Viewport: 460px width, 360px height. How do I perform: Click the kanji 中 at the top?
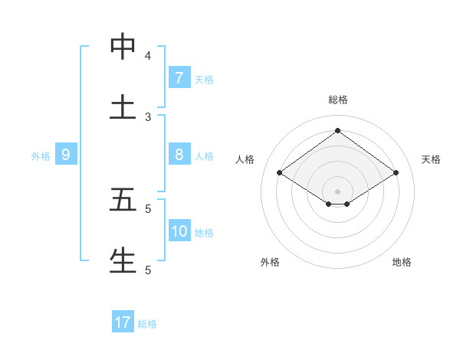pyautogui.click(x=123, y=47)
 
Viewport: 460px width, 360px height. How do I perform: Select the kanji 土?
pyautogui.click(x=123, y=108)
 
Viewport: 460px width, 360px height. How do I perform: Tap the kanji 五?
pyautogui.click(x=123, y=200)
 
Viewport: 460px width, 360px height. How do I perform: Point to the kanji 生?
pyautogui.click(x=123, y=260)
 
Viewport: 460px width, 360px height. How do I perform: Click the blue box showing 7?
pyautogui.click(x=179, y=77)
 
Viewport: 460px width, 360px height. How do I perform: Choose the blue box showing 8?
pyautogui.click(x=179, y=154)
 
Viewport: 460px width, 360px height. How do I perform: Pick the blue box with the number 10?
pyautogui.click(x=179, y=231)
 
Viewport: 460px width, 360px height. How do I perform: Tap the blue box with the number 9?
pyautogui.click(x=66, y=155)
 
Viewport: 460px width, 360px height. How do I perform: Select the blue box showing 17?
pyautogui.click(x=123, y=322)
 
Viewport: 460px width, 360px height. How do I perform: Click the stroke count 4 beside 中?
pyautogui.click(x=148, y=56)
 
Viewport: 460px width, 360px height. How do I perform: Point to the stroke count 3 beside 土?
pyautogui.click(x=148, y=117)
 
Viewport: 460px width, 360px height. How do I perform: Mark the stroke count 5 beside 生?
pyautogui.click(x=148, y=270)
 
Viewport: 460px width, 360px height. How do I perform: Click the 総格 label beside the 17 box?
pyautogui.click(x=147, y=324)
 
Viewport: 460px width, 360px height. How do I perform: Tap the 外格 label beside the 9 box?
pyautogui.click(x=41, y=155)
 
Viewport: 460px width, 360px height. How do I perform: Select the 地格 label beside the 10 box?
pyautogui.click(x=204, y=232)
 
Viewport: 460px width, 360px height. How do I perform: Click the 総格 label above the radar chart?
pyautogui.click(x=337, y=100)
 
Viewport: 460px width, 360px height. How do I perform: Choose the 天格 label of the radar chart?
pyautogui.click(x=431, y=159)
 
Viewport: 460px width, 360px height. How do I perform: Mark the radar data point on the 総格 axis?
pyautogui.click(x=337, y=130)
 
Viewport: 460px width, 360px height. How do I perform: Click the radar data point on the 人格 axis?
pyautogui.click(x=280, y=173)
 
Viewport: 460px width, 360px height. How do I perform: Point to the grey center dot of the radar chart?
pyautogui.click(x=337, y=191)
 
